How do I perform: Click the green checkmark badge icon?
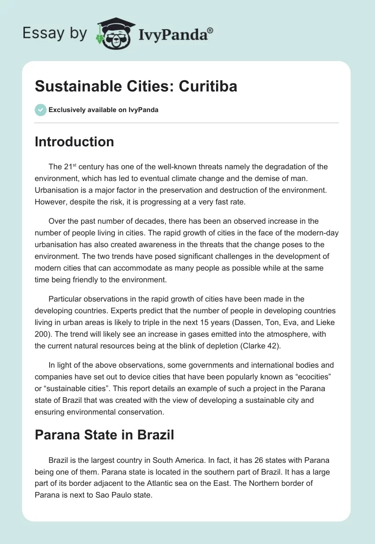pos(40,110)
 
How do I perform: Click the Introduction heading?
pos(74,142)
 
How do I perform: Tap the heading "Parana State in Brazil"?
pos(104,435)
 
